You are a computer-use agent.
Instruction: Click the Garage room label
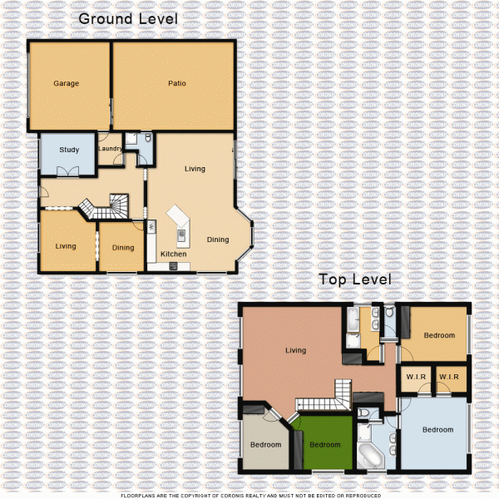click(66, 84)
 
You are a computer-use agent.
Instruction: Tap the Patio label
click(176, 84)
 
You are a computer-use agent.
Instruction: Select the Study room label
click(69, 151)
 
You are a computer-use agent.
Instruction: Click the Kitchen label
click(173, 254)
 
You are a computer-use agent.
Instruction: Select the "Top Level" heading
click(356, 280)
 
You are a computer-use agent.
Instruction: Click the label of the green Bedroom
click(325, 445)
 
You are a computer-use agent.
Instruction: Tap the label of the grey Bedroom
click(265, 445)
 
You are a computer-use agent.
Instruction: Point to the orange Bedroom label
click(439, 336)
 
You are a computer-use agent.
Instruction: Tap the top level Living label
click(295, 350)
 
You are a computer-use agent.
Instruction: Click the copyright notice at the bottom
click(249, 495)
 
